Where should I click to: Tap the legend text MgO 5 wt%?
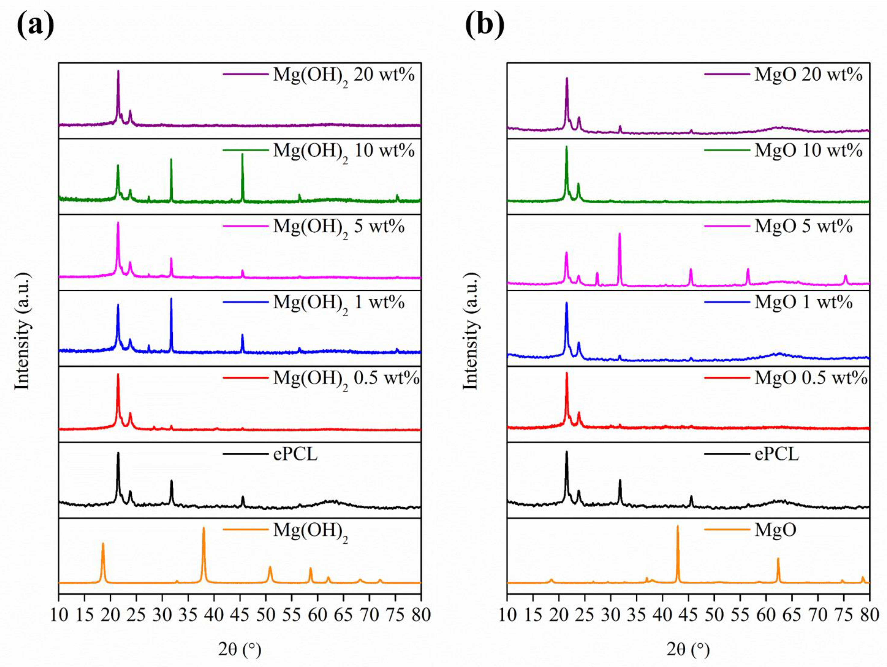[x=803, y=227]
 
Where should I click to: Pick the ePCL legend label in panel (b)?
[x=776, y=454]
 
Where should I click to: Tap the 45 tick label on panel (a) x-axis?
[x=240, y=615]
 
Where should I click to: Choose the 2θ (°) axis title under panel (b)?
[x=688, y=649]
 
